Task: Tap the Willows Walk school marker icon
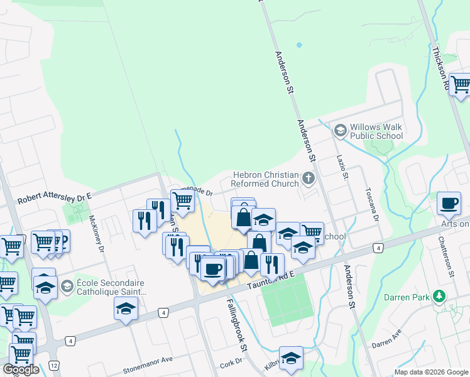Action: coord(341,131)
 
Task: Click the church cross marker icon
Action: coord(308,178)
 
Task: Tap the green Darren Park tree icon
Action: coord(440,295)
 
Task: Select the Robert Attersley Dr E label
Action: coord(55,199)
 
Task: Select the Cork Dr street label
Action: coord(231,364)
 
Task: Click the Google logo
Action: coord(21,369)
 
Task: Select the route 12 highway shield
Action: coord(55,365)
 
